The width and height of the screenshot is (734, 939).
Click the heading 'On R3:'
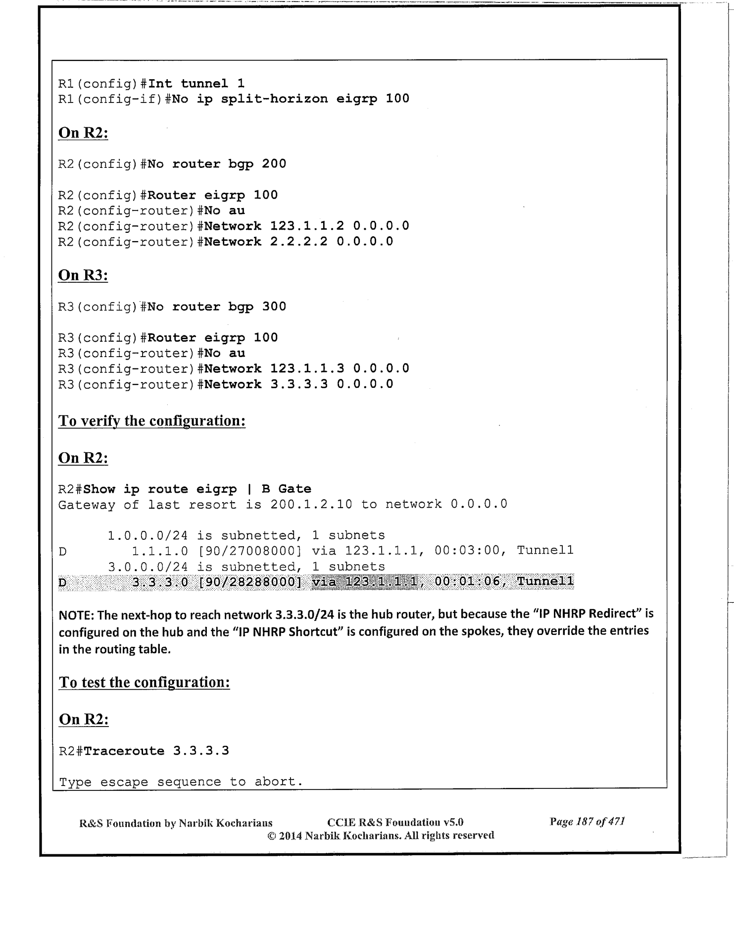pyautogui.click(x=83, y=275)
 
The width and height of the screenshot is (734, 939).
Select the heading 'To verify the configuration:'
pyautogui.click(x=152, y=421)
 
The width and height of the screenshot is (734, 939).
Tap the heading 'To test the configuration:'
pyautogui.click(x=144, y=682)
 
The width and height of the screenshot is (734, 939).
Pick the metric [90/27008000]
pyautogui.click(x=249, y=550)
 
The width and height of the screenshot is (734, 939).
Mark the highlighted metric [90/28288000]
pyautogui.click(x=249, y=581)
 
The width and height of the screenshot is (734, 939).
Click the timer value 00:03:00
pyautogui.click(x=466, y=550)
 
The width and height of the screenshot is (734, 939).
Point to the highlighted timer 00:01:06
pyautogui.click(x=466, y=581)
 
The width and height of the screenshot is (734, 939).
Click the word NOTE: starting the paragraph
pyautogui.click(x=76, y=615)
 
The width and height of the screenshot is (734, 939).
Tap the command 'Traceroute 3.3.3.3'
pyautogui.click(x=156, y=751)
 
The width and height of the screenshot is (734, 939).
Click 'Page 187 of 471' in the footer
pyautogui.click(x=587, y=822)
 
